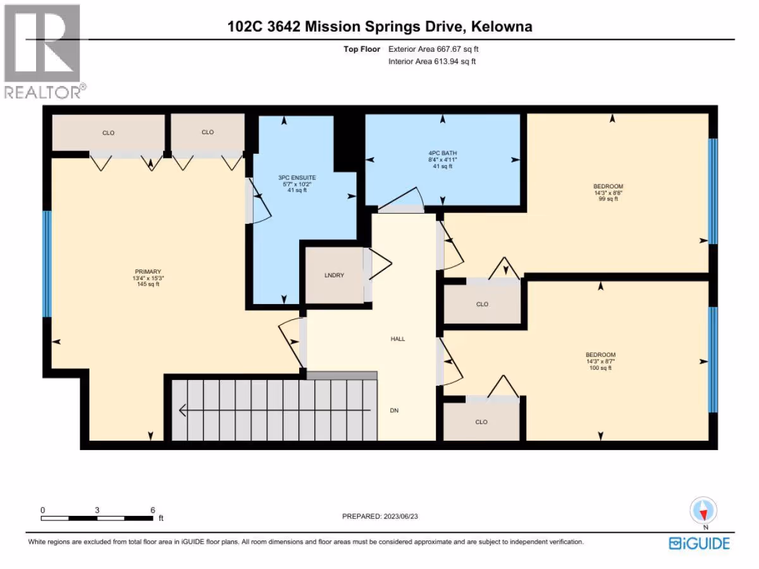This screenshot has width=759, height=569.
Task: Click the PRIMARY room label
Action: click(x=148, y=272)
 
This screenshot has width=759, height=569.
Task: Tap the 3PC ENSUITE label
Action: click(x=297, y=178)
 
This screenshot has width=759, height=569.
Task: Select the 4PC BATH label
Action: click(x=443, y=153)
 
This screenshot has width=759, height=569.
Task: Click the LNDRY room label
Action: click(x=334, y=276)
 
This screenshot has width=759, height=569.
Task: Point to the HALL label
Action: click(x=398, y=339)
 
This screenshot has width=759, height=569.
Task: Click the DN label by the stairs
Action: click(x=394, y=410)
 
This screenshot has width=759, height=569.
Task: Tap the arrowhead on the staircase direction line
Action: click(x=183, y=410)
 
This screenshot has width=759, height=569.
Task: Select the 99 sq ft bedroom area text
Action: click(x=608, y=199)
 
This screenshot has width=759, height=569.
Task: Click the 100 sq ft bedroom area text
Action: click(x=601, y=368)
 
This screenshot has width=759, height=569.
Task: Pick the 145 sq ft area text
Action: click(x=148, y=284)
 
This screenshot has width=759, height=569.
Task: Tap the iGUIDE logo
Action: click(x=699, y=544)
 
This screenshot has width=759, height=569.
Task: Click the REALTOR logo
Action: click(x=44, y=52)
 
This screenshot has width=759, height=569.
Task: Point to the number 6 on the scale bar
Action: click(x=152, y=510)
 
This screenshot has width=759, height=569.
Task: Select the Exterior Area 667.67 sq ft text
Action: click(x=433, y=49)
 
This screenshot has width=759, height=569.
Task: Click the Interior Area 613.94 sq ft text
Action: click(x=432, y=61)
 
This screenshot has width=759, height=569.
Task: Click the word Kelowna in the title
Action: click(x=502, y=27)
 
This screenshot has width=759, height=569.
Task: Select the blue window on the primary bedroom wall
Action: click(x=47, y=264)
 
